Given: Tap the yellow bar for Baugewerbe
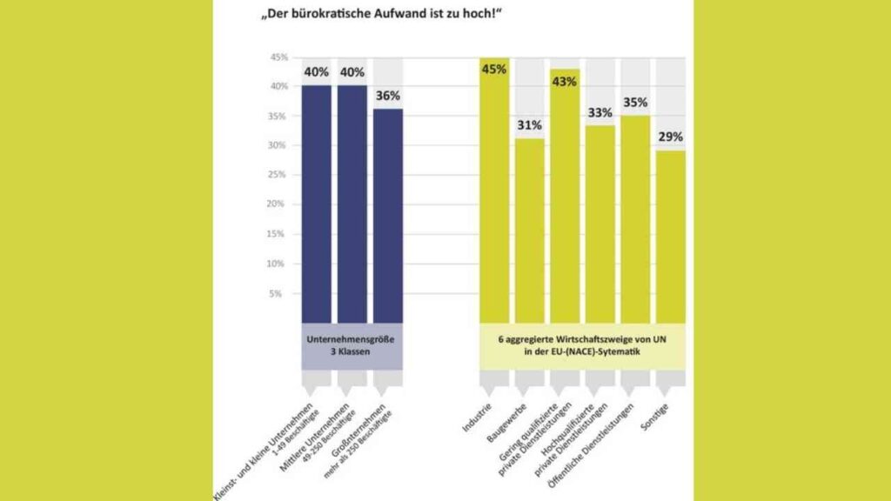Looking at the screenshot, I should [x=529, y=230].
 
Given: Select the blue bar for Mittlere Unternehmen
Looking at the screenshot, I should [x=352, y=204].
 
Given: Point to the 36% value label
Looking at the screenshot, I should [x=388, y=96].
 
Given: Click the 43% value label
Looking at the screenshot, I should [x=565, y=81].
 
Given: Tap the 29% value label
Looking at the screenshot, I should [x=671, y=137].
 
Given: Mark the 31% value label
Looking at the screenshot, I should [x=529, y=125].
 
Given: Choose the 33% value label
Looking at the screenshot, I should [x=600, y=113].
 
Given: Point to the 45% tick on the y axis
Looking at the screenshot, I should [x=278, y=57].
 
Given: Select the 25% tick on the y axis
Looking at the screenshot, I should [x=278, y=175].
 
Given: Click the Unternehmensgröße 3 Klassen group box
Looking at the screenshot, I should [x=352, y=345].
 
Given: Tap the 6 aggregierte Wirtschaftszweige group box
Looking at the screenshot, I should [x=581, y=345].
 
